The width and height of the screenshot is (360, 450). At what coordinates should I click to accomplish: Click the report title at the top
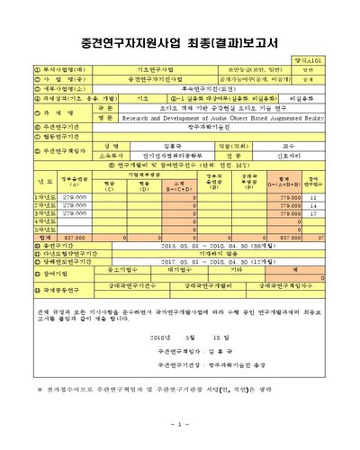coord(179,41)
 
